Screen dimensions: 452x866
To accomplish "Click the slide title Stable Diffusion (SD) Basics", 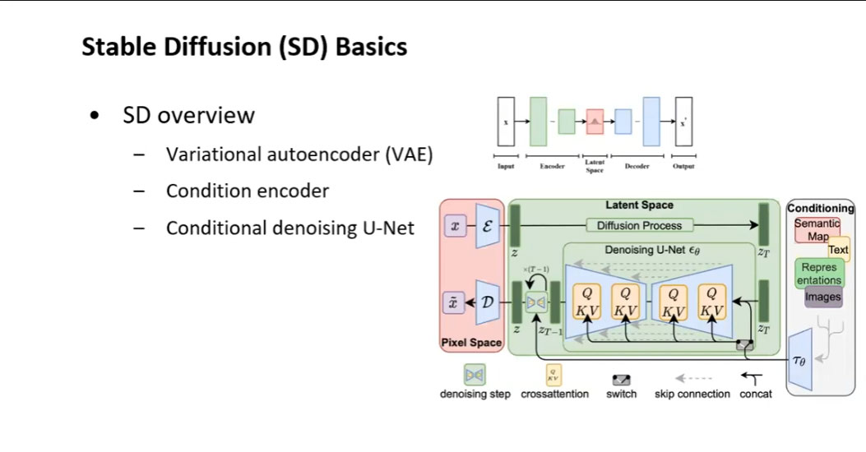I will (244, 47).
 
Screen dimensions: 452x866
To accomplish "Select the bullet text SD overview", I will (188, 115).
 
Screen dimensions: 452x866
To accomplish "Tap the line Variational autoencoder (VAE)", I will (299, 154).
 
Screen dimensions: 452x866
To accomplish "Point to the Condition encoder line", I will (247, 191).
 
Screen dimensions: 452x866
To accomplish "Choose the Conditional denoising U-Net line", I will (289, 228).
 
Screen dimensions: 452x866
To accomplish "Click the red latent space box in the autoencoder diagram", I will (595, 122).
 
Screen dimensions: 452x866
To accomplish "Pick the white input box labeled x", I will (505, 122).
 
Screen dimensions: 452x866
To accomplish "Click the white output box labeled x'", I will (683, 122).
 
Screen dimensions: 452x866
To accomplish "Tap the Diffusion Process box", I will (639, 225).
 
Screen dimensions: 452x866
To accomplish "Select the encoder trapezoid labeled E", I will (487, 225).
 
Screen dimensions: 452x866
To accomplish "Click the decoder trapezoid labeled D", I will (487, 302).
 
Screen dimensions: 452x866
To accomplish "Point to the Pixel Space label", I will (471, 342).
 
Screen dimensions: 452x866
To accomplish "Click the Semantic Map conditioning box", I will (817, 230).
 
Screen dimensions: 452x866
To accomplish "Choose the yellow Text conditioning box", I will (838, 250).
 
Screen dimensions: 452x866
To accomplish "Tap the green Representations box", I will (818, 274).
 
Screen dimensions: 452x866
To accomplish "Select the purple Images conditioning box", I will (822, 297).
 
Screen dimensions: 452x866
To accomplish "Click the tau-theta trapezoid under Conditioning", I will (800, 359).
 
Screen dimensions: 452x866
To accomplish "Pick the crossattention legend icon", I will (554, 376).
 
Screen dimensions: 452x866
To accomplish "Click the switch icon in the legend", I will (621, 380).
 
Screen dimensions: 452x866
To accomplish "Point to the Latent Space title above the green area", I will (639, 205).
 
